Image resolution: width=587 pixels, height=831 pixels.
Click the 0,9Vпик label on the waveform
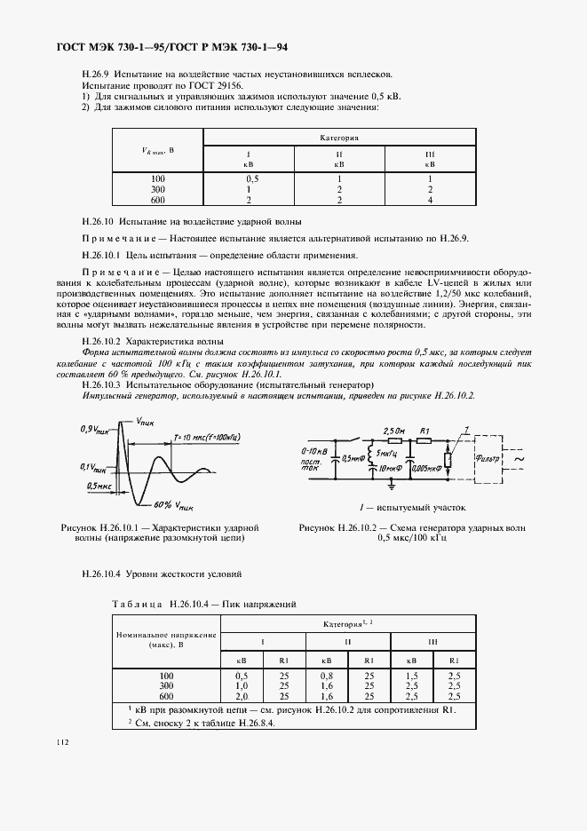tap(91, 429)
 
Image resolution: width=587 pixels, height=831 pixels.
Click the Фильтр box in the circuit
tap(494, 460)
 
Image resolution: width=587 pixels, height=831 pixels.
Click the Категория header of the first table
tap(338, 138)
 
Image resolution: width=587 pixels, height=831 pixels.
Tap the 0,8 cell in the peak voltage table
tap(327, 677)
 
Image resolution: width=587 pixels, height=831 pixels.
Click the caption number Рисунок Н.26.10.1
tap(111, 527)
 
